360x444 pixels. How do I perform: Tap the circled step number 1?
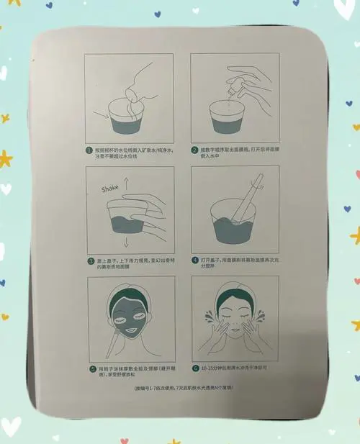pos(89,150)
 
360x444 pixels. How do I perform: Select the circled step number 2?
pos(194,150)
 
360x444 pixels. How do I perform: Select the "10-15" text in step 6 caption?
pos(210,367)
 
